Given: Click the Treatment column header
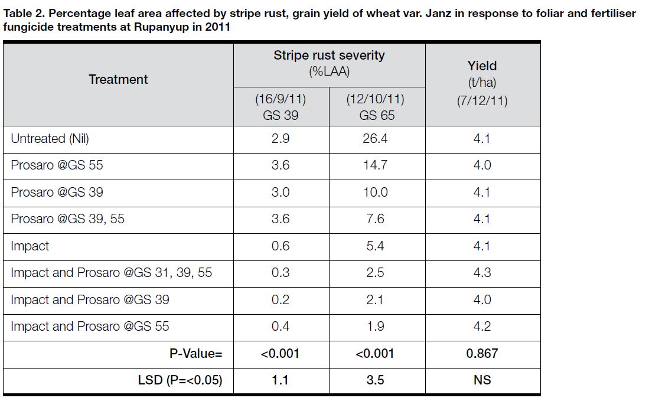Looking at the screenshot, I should click(x=118, y=80).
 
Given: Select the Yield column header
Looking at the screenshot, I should click(x=482, y=66).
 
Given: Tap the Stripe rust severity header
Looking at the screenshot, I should click(x=328, y=56).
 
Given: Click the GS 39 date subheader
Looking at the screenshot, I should click(x=281, y=107).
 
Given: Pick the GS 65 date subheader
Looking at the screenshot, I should click(x=376, y=107).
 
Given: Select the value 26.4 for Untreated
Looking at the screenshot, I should click(x=376, y=139).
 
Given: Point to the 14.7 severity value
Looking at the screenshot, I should click(x=376, y=165).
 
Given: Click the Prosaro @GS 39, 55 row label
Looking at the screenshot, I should click(x=67, y=219).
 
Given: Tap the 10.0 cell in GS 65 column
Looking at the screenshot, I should click(x=376, y=193).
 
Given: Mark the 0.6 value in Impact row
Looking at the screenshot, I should click(x=281, y=246).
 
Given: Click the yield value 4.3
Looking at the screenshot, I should click(x=482, y=273).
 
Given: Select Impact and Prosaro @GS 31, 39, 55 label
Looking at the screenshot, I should click(x=111, y=273).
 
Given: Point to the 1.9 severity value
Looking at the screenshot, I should click(x=376, y=327).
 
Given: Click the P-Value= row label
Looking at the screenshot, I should click(x=195, y=354).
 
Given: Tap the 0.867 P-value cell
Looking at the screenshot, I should click(x=482, y=354).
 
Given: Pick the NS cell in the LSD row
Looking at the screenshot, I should click(x=482, y=380).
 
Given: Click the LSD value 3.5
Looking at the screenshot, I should click(x=376, y=380).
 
